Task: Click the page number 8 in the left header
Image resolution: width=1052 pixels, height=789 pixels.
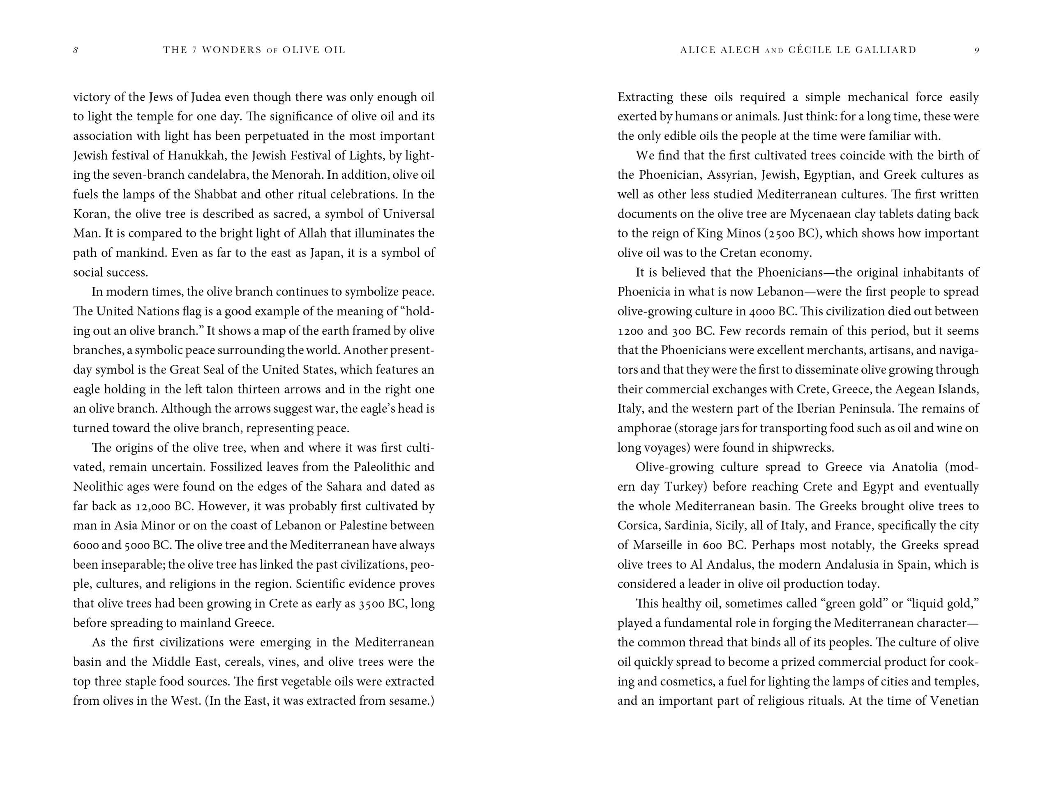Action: pos(76,51)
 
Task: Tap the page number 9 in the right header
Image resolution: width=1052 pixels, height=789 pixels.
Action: pos(976,51)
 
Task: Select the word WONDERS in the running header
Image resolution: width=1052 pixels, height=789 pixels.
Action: pos(232,50)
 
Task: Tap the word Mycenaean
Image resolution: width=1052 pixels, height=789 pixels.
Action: pos(819,214)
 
